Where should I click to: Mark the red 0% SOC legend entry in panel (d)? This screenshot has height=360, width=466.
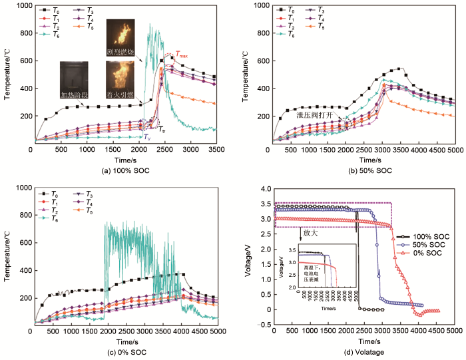[419, 252]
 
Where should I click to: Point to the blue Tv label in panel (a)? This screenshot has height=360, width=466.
[147, 136]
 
